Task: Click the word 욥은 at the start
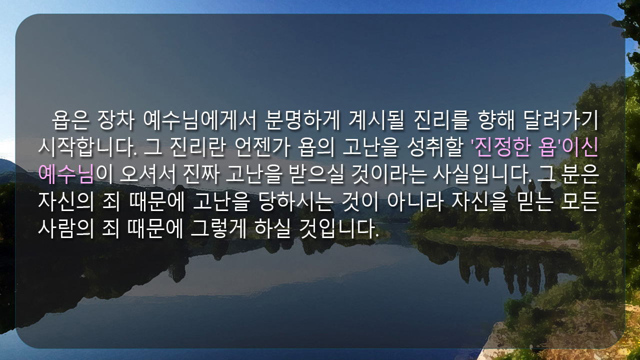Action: (x=70, y=120)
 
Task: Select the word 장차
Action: (x=115, y=120)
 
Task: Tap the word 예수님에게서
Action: (x=199, y=120)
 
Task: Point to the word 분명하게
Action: (x=302, y=120)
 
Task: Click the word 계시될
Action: (x=376, y=120)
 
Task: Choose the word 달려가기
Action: (x=561, y=120)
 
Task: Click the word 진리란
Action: (x=197, y=147)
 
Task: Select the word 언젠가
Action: (x=262, y=147)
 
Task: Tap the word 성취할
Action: (x=436, y=147)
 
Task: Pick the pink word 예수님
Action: (x=66, y=174)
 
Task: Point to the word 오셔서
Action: (x=147, y=174)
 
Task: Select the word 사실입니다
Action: (x=482, y=174)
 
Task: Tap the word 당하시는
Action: (x=296, y=201)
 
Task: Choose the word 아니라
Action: (x=415, y=201)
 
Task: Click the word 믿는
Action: (x=534, y=201)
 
